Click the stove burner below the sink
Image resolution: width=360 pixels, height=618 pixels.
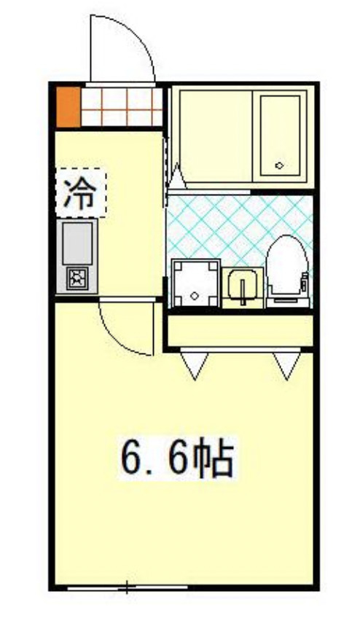coord(77,278)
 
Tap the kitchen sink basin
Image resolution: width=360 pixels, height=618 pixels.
coord(77,243)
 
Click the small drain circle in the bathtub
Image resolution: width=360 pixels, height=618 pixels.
coord(280,165)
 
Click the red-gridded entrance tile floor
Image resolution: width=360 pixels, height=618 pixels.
coord(121,106)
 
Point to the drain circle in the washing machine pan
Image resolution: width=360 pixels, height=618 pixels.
coord(195,295)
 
